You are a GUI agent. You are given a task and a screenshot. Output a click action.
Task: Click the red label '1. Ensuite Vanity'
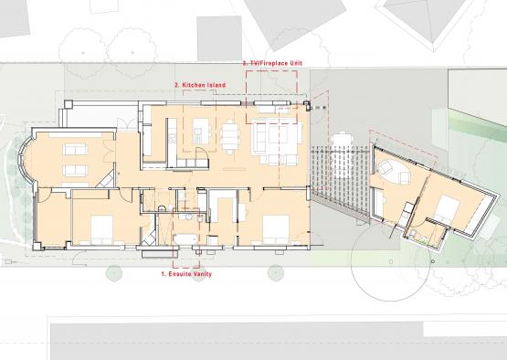tap(186, 274)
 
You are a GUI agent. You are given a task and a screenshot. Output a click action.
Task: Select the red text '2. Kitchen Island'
tap(200, 85)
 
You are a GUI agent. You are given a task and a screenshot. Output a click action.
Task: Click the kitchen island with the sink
tap(201, 131)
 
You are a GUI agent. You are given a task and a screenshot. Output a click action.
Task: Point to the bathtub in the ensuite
tap(185, 239)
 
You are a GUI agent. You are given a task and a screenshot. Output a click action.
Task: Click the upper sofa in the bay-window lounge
tap(75, 150)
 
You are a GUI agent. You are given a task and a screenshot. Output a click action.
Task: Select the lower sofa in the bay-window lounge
tap(75, 171)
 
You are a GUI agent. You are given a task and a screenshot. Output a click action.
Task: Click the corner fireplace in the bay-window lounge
tap(107, 180)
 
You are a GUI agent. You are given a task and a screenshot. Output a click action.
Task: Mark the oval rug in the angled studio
tap(394, 171)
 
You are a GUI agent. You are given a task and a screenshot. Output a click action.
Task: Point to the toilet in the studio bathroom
tap(412, 233)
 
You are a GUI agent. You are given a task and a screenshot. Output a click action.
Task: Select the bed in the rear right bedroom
tap(276, 229)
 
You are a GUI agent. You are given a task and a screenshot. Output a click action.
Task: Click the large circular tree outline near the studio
tap(391, 260)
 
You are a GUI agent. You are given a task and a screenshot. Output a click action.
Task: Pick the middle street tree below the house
tap(198, 273)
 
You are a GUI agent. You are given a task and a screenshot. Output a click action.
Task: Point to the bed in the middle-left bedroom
tap(102, 229)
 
